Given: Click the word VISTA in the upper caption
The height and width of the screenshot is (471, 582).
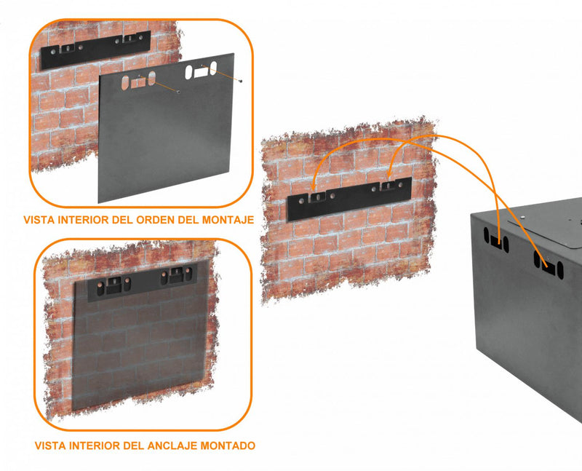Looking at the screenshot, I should (x=38, y=219).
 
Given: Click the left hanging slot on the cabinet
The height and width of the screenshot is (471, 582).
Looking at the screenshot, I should (x=495, y=242).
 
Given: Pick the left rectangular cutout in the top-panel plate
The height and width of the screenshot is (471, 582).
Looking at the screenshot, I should (x=138, y=82).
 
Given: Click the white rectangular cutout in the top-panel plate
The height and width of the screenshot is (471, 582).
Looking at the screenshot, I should (x=199, y=71).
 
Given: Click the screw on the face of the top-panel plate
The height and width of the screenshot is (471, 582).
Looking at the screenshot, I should (x=178, y=92).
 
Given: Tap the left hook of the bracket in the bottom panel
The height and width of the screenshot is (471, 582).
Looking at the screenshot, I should (x=114, y=285).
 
